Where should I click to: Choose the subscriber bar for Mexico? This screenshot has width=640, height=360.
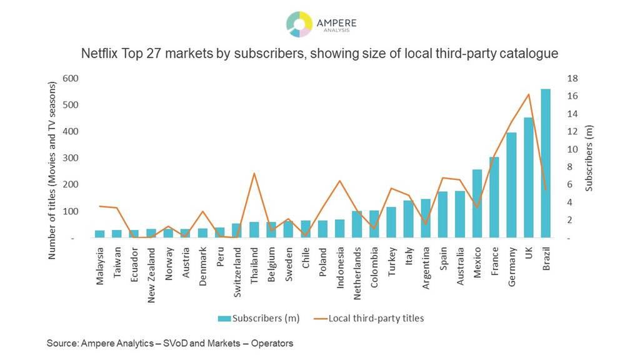(477, 204)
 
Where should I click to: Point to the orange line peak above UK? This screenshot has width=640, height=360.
(528, 94)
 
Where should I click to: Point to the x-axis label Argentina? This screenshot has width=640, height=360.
(426, 266)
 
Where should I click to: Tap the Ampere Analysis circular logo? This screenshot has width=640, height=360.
(299, 24)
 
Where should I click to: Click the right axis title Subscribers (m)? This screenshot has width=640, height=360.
(588, 158)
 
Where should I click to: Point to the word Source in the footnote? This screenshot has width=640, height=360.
(61, 343)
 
